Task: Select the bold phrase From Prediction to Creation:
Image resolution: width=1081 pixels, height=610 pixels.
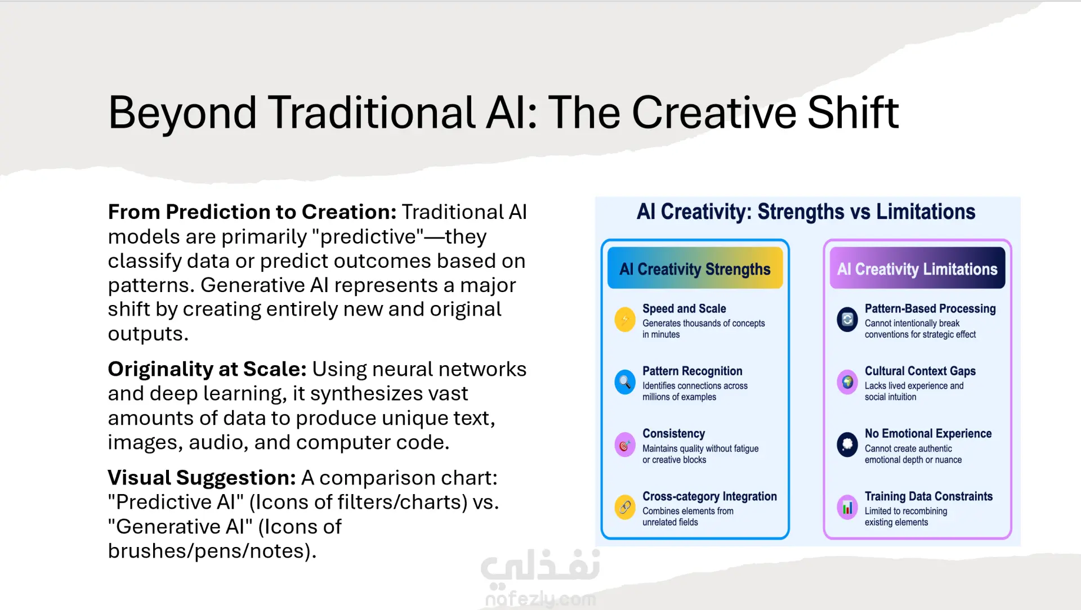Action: (252, 212)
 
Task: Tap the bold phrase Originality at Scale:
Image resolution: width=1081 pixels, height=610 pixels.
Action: (207, 370)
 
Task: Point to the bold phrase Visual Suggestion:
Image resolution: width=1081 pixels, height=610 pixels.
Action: (202, 478)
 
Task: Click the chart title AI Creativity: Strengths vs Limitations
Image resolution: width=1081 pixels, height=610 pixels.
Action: (806, 212)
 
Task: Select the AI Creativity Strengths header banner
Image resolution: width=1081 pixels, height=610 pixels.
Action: (695, 268)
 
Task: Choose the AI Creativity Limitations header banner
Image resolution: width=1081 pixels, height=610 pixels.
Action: (917, 268)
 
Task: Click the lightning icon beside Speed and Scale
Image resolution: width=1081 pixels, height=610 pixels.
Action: (625, 320)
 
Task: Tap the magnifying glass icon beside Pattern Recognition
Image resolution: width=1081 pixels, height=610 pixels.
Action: (625, 383)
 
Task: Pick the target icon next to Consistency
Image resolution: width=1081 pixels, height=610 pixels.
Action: (625, 445)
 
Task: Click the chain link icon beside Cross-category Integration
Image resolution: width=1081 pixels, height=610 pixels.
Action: (625, 508)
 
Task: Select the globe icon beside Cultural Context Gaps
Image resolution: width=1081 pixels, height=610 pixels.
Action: (847, 383)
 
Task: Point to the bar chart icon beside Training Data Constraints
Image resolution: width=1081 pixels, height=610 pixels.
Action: (847, 508)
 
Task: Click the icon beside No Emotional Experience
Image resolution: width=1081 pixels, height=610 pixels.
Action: (847, 445)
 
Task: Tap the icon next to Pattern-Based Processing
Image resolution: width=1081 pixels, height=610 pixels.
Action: (847, 320)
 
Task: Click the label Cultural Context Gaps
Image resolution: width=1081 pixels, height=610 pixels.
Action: (920, 371)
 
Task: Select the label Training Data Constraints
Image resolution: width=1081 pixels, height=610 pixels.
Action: (928, 496)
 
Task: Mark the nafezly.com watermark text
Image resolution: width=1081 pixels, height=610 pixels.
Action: (540, 599)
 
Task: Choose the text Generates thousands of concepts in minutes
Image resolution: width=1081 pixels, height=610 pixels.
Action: (704, 329)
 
